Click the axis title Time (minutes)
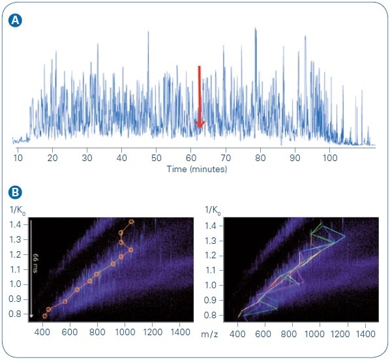[196, 169]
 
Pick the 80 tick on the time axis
[260, 158]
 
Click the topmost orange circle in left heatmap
[132, 222]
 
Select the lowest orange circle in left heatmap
[45, 316]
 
